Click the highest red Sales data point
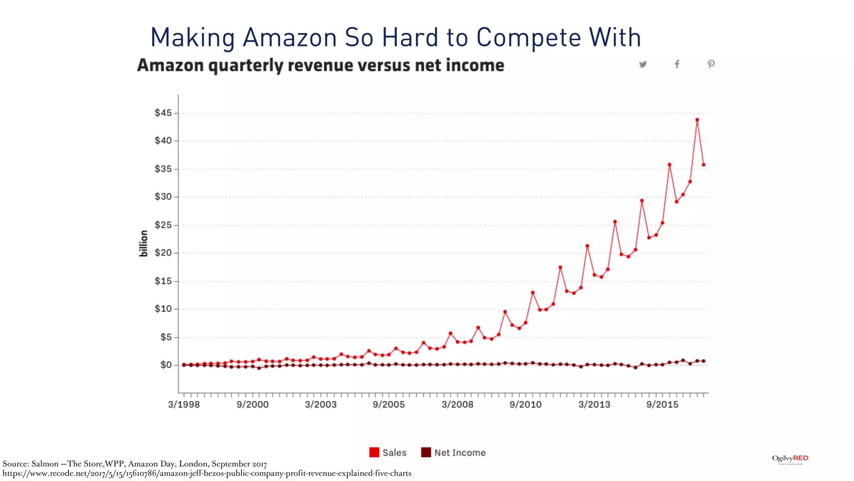(697, 120)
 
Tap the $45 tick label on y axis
(163, 113)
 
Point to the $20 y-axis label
(163, 253)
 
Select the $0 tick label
(166, 365)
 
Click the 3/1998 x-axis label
(184, 405)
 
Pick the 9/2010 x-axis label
(525, 405)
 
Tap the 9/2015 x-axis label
(662, 405)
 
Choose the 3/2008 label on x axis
(457, 405)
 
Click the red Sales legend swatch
(374, 453)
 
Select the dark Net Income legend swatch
(426, 453)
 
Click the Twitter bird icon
(643, 64)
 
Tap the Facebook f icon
(677, 64)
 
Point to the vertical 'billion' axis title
(143, 243)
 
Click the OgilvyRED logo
(790, 459)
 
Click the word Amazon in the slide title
(290, 38)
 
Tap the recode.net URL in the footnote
(207, 473)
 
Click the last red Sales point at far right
(703, 165)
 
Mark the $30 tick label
(163, 197)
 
